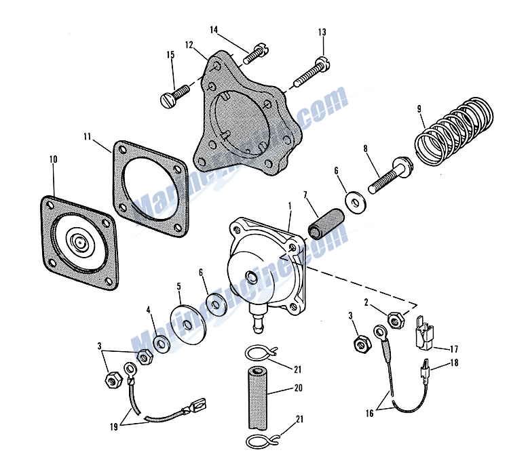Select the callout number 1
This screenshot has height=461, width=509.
pyautogui.click(x=289, y=204)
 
